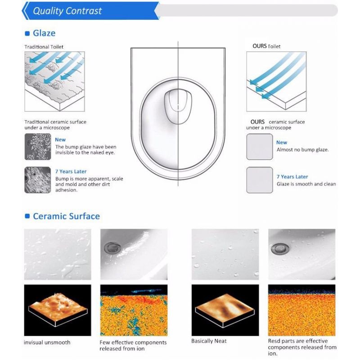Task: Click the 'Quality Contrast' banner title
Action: [x=67, y=11]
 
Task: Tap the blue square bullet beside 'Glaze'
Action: [x=27, y=33]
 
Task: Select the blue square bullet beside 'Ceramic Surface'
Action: [x=27, y=216]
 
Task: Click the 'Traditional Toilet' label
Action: [x=44, y=47]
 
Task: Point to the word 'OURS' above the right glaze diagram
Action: [x=260, y=46]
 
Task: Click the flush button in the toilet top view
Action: [x=178, y=107]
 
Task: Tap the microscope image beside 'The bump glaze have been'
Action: [x=38, y=147]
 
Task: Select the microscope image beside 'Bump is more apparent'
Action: [x=38, y=180]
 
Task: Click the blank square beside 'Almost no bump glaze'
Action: [x=260, y=147]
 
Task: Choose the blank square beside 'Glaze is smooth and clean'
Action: [x=260, y=180]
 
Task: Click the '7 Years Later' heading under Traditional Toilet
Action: [x=71, y=171]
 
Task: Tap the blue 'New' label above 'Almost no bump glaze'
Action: [x=282, y=142]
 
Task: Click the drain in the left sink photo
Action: [x=112, y=248]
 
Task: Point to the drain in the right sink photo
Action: [x=279, y=249]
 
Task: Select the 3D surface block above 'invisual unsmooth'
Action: [x=58, y=310]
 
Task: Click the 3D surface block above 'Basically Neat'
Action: [x=225, y=310]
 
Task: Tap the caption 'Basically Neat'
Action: [x=209, y=341]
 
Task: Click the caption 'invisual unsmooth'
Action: [x=47, y=342]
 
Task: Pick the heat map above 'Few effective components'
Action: [x=134, y=310]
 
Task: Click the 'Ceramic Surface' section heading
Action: [x=66, y=216]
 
